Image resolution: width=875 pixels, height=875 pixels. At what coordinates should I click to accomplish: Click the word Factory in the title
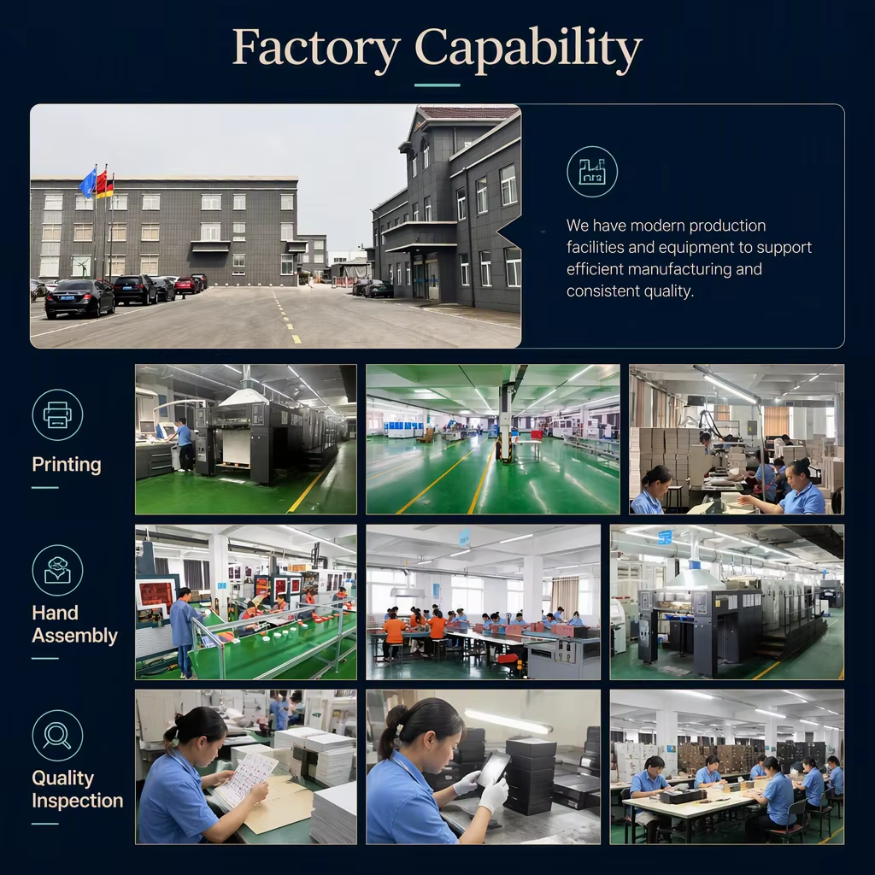pos(316,49)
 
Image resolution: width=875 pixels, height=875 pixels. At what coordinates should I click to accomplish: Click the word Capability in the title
pos(528,49)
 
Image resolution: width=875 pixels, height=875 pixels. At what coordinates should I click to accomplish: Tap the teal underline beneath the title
pos(437,85)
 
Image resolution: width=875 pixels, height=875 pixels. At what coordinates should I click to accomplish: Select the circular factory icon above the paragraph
pos(592,172)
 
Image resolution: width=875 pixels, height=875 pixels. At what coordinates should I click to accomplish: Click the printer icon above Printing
pos(57,415)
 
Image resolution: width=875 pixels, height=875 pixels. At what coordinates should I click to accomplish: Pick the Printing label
pos(67,464)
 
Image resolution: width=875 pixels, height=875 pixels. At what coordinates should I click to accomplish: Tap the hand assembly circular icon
pos(57,570)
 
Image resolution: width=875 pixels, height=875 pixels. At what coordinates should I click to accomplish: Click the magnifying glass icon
pos(57,736)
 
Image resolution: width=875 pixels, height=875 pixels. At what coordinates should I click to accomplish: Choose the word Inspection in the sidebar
pos(78,801)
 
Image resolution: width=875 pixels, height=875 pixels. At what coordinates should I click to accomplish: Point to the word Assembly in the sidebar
pos(75,636)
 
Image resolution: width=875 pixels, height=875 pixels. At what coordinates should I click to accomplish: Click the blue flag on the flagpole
pos(88,183)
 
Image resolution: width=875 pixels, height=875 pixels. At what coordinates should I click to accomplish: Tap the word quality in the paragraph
pos(667,291)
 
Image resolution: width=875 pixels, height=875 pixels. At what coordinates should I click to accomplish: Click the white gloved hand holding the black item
pos(493,795)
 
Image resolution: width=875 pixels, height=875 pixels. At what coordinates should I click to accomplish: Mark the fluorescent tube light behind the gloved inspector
pos(508,721)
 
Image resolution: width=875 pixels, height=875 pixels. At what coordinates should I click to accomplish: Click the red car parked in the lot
pos(187,285)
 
